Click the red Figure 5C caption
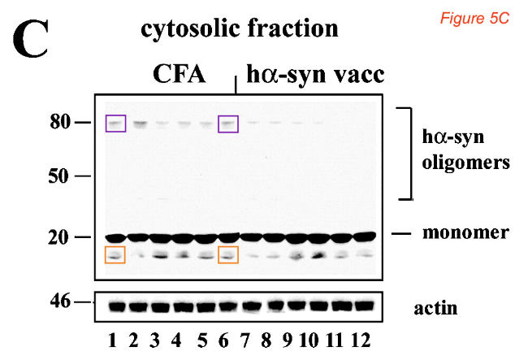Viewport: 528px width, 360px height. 474,18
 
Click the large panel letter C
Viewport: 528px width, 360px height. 30,39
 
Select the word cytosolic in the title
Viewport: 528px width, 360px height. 192,28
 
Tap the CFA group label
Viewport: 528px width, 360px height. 179,74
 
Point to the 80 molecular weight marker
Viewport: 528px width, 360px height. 60,122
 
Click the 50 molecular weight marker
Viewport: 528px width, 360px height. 58,176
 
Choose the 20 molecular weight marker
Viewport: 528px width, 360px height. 58,237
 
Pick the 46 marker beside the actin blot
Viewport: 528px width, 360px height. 60,301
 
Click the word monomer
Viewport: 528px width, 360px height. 465,232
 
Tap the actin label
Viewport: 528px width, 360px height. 435,308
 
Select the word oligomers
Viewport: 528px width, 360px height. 465,163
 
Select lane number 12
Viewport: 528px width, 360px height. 361,340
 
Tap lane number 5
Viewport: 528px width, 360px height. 202,340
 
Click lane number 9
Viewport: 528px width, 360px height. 288,340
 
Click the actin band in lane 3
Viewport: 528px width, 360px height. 160,307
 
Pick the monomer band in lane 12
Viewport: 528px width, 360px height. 365,236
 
